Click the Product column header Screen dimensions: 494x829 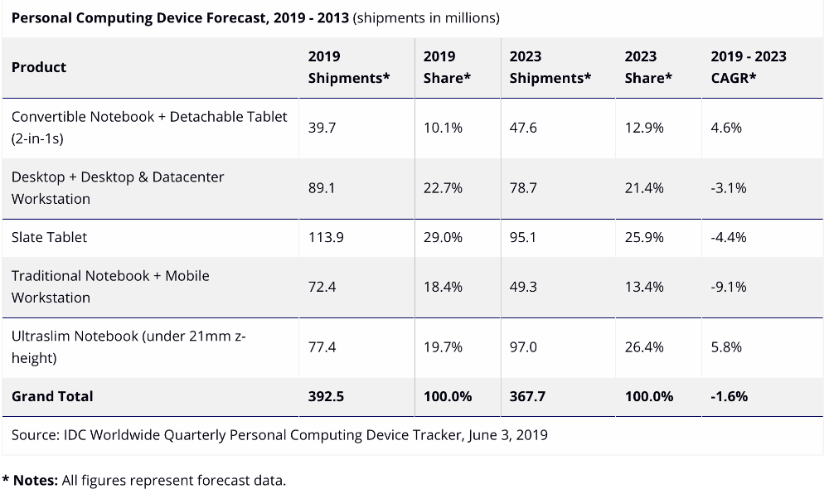point(39,67)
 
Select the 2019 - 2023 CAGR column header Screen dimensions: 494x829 point(748,67)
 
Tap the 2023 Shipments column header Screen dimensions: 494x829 point(550,67)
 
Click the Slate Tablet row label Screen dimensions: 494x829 point(49,237)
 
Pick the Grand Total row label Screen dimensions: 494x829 point(52,396)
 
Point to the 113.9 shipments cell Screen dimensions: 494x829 point(326,237)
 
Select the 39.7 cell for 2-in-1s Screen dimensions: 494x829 point(322,128)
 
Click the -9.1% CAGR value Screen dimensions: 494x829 point(728,287)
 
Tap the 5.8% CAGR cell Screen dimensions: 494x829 point(726,346)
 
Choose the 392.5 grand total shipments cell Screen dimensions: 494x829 point(326,396)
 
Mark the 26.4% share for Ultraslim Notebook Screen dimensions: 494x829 point(644,346)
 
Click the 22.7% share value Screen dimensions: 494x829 point(443,188)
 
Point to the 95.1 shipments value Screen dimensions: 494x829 point(523,237)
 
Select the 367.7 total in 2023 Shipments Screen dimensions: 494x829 point(527,396)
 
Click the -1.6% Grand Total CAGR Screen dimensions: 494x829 point(729,396)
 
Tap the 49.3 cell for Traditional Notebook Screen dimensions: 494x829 point(523,287)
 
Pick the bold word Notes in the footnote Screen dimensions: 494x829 point(35,480)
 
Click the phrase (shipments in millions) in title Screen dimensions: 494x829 point(426,17)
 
